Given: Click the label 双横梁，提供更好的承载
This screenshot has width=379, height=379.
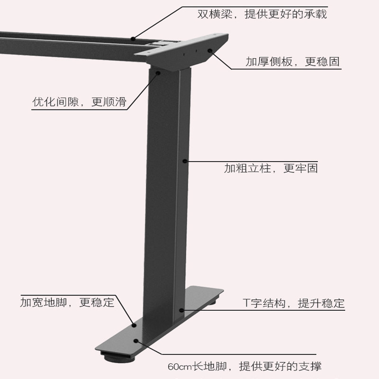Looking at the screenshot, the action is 262,14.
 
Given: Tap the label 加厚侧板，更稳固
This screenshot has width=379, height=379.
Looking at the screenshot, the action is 292,62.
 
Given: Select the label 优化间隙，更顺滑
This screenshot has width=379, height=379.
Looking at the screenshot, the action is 79,102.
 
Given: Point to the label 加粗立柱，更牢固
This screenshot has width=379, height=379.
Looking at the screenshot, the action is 271,168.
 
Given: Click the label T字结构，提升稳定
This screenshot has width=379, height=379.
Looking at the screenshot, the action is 294,303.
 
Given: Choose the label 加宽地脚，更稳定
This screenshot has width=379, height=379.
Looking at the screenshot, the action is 67,302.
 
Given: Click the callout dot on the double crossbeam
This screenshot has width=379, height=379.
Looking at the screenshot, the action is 134,39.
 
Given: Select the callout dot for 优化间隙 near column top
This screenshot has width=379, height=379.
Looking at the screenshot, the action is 158,72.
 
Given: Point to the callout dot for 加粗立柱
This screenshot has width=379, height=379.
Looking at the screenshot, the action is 185,161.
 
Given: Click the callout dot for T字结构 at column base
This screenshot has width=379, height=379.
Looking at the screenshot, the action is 181,310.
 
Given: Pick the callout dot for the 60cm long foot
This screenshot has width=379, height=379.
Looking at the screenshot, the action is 137,340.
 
